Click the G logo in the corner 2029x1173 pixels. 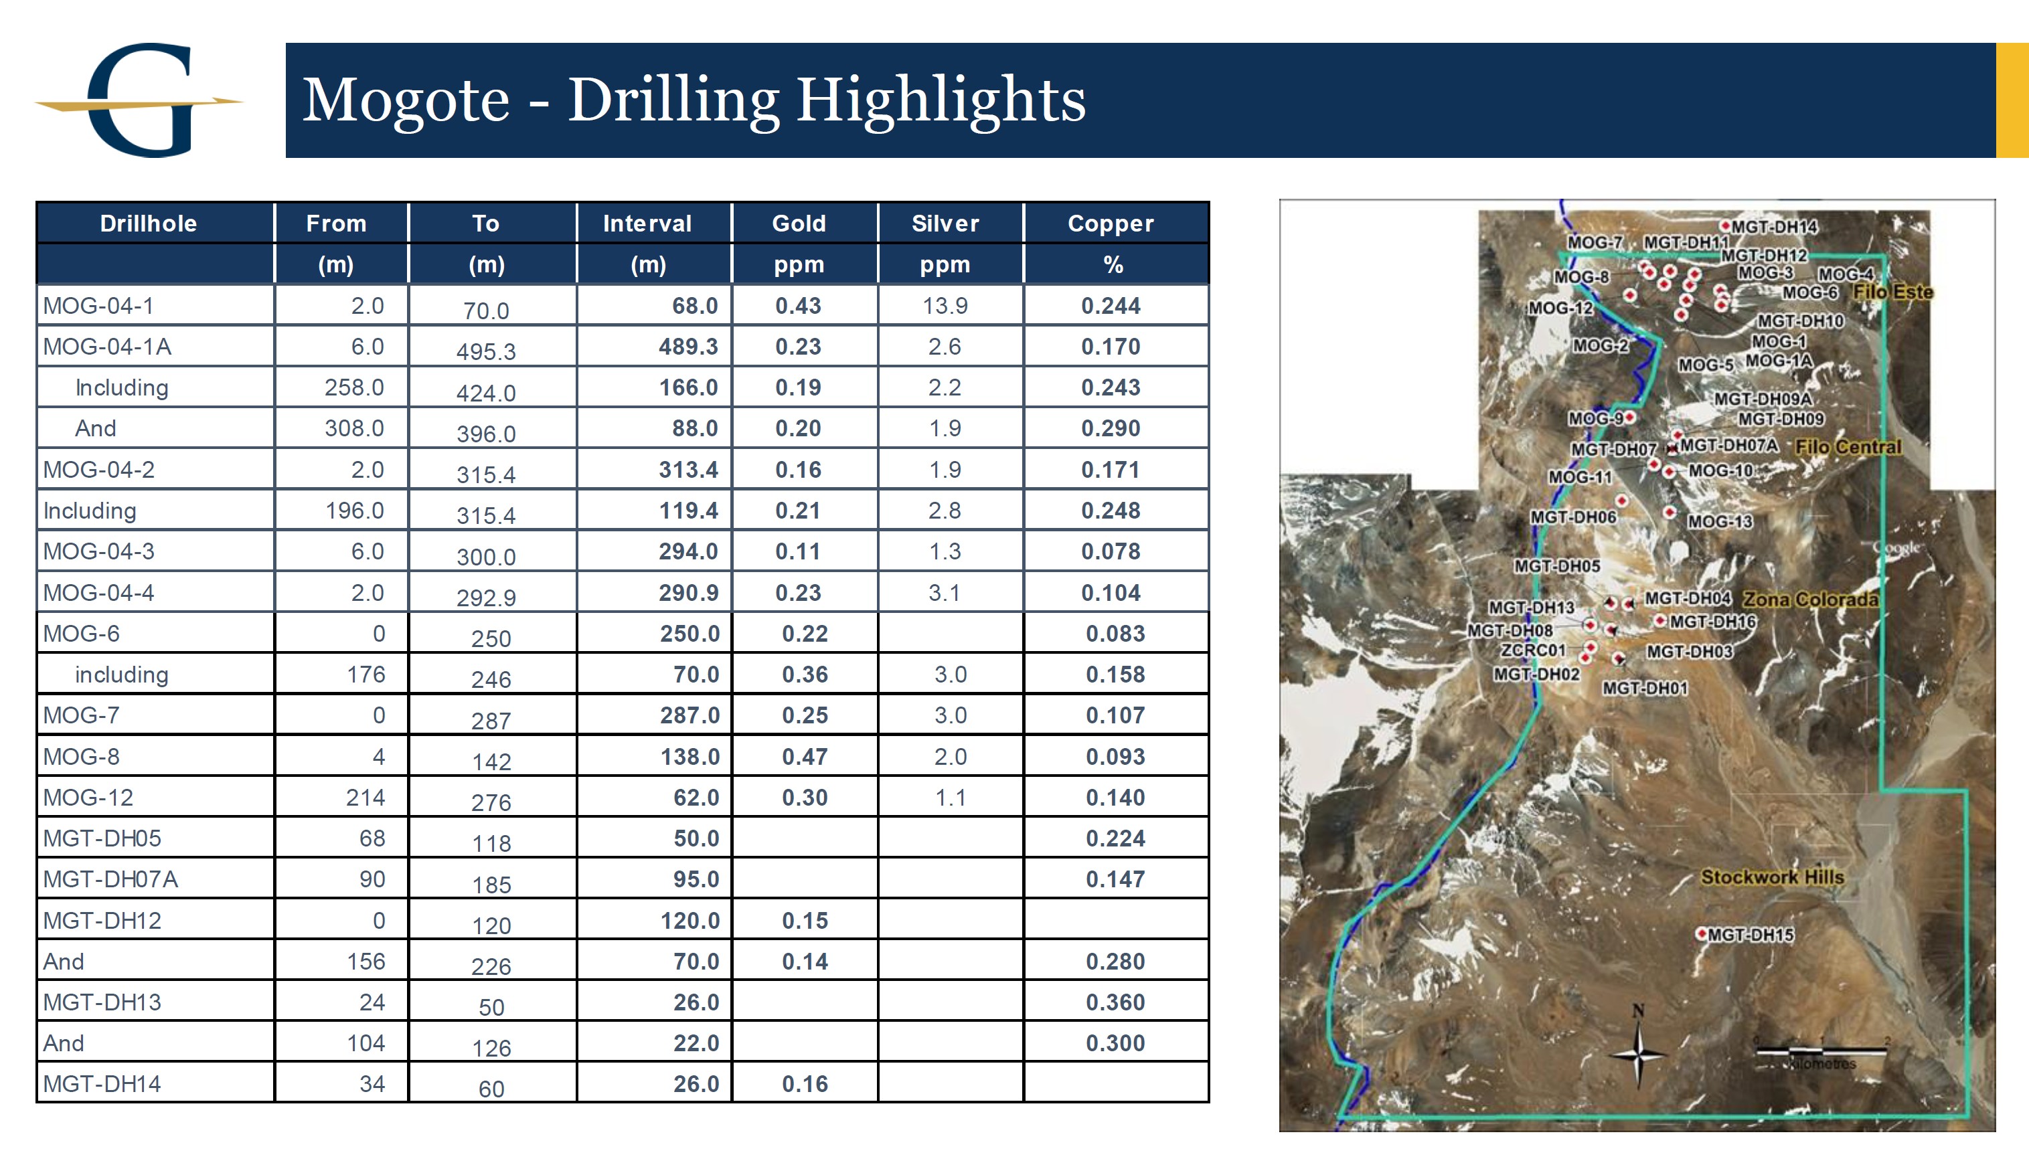coord(139,100)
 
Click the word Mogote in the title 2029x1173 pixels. coord(406,100)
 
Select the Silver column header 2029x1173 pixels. coord(945,223)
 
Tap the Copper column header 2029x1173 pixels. coord(1111,223)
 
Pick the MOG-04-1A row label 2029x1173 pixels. coord(107,346)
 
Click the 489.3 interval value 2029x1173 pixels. coord(687,346)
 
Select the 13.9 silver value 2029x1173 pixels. coord(945,305)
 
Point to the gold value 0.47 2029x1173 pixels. coord(805,756)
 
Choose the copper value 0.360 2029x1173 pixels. coord(1115,1002)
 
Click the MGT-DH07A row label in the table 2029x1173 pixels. coord(110,879)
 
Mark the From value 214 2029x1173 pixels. coord(366,797)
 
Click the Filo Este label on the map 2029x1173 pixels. coord(1892,292)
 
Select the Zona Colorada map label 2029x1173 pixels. coord(1810,599)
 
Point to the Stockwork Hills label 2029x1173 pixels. coord(1771,877)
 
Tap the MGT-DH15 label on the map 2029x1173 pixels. coord(1751,935)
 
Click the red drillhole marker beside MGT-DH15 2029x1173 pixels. coord(1701,933)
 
